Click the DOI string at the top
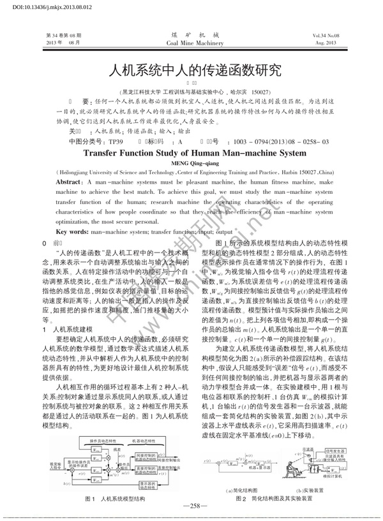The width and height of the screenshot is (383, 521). tap(33, 6)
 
